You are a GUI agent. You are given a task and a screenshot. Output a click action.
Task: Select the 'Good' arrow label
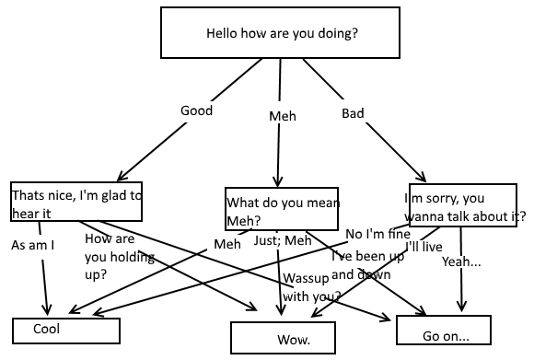coord(196,110)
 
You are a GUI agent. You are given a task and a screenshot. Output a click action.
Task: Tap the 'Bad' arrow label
coord(353,113)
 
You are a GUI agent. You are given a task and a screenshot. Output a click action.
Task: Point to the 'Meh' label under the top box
coord(282,117)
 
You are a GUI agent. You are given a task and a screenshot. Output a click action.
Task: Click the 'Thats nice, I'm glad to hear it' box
coord(76,202)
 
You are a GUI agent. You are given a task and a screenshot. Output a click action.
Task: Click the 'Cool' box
coord(66,330)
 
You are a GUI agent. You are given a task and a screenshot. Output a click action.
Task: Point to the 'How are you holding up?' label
coord(109,256)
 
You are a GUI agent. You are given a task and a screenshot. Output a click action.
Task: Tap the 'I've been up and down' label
coord(361,264)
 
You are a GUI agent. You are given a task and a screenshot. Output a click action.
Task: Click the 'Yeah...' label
coord(460,261)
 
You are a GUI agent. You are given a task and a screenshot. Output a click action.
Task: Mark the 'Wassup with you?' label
coord(311,286)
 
